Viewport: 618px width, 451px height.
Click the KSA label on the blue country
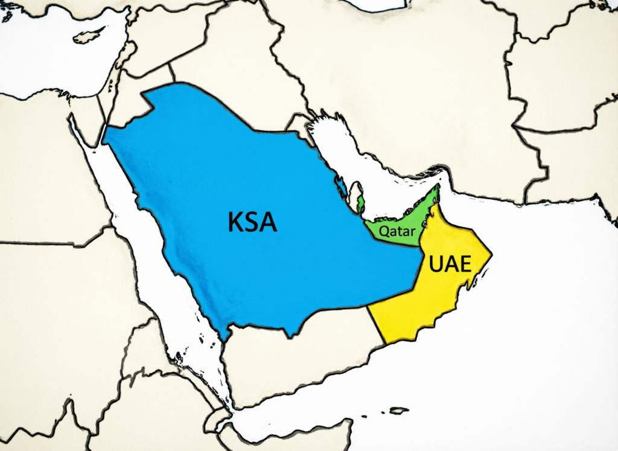click(x=252, y=222)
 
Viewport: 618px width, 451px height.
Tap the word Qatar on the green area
click(x=392, y=231)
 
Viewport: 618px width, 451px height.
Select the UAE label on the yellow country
click(x=450, y=264)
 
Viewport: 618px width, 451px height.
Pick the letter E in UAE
click(x=464, y=264)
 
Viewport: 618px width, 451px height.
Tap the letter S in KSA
click(x=252, y=222)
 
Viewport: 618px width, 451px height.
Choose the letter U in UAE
click(x=436, y=264)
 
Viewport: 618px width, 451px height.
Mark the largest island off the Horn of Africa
click(x=398, y=411)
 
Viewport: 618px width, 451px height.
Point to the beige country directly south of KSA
click(x=290, y=362)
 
